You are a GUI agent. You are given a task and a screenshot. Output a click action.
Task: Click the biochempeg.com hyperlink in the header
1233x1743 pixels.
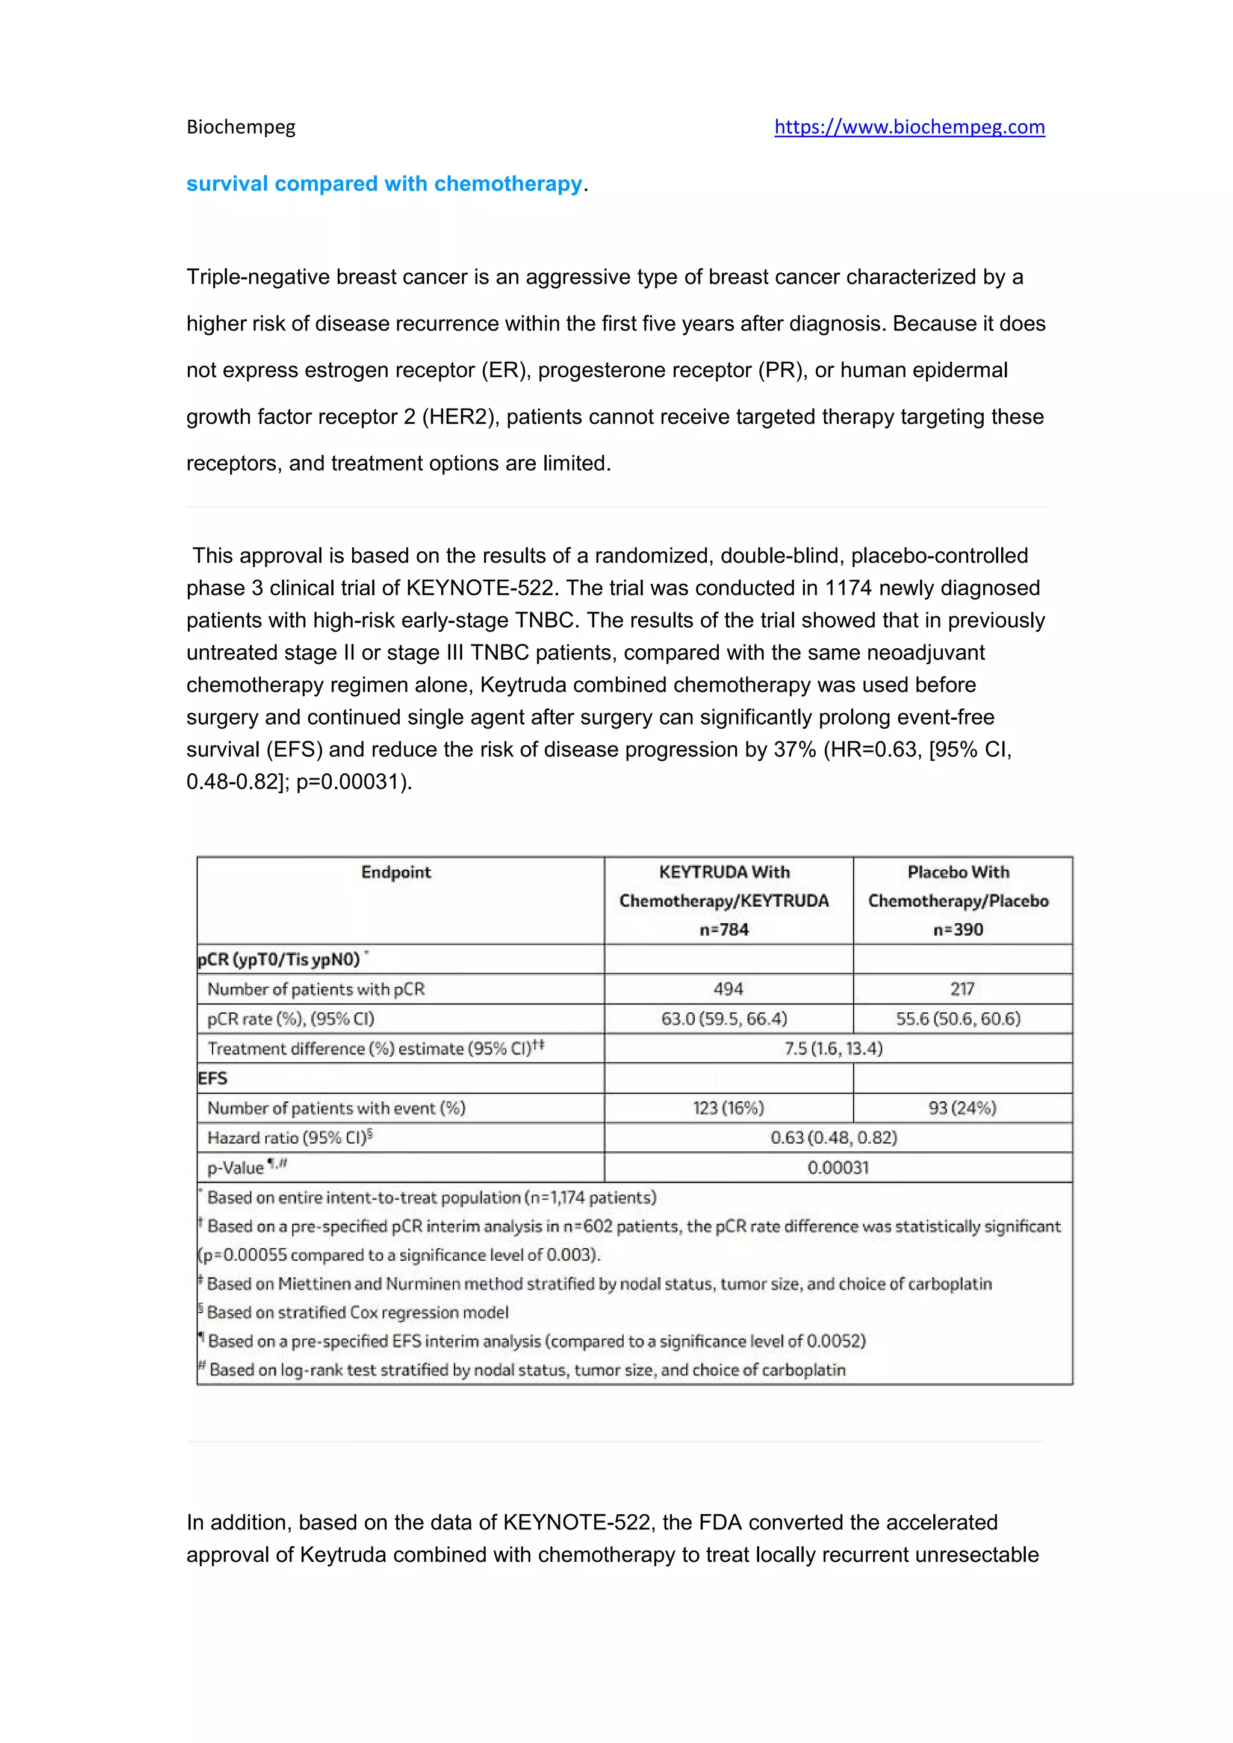pos(909,127)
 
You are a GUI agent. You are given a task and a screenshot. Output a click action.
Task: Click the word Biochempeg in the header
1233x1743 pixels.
pos(241,127)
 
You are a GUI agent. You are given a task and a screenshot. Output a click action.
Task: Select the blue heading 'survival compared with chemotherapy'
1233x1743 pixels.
pos(384,184)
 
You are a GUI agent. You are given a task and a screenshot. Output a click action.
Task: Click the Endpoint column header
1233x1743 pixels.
pos(396,872)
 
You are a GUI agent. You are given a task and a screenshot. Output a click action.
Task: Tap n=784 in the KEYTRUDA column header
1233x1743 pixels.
pos(724,930)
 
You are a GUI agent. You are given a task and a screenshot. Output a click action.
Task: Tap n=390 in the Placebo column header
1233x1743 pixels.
pos(957,930)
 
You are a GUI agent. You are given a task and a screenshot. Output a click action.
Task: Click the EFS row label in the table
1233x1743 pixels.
pos(213,1079)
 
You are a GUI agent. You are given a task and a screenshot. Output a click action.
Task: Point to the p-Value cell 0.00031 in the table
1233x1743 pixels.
pos(837,1168)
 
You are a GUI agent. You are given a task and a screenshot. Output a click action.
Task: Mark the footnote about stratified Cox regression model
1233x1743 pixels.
pos(357,1313)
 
